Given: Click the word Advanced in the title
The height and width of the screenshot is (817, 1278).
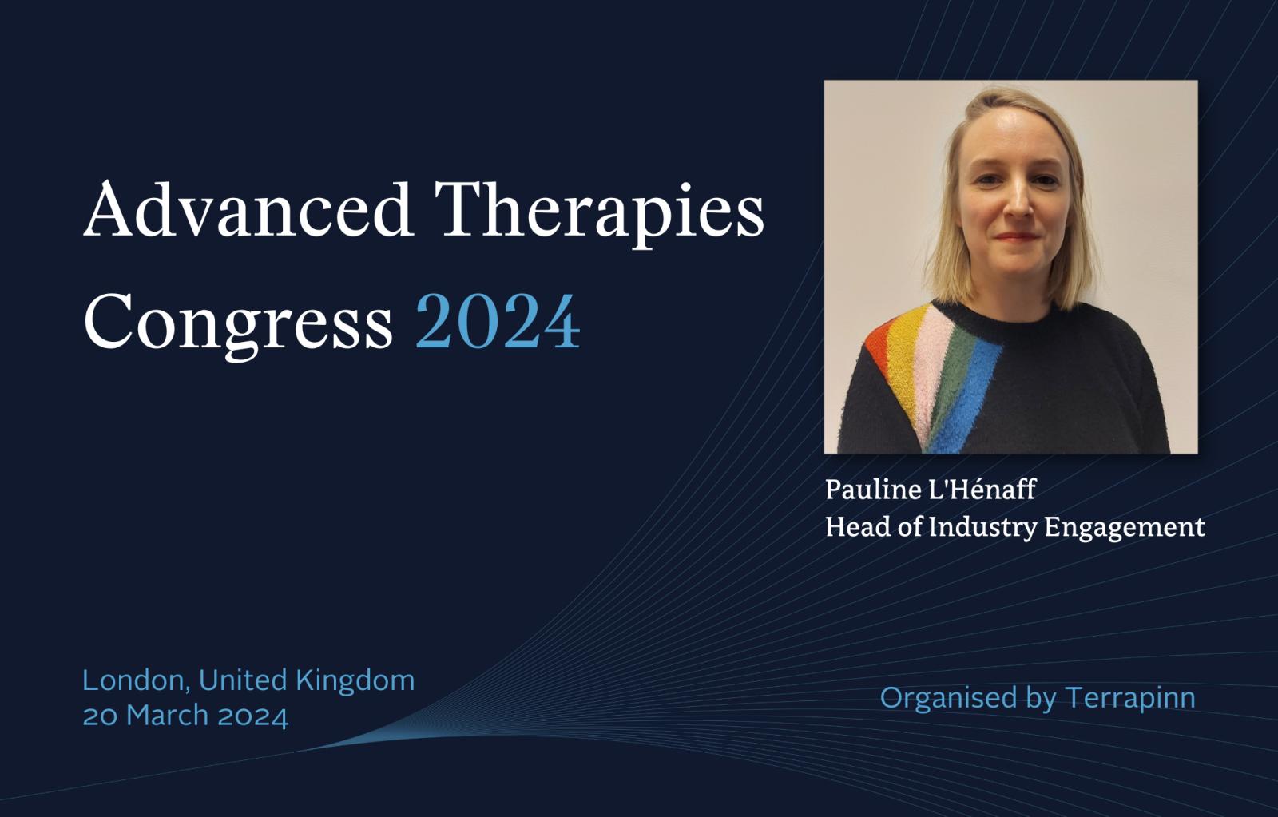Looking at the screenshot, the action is tap(248, 209).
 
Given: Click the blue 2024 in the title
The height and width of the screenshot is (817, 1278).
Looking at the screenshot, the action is tap(498, 320).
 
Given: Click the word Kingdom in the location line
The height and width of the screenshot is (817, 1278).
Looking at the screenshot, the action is tap(355, 680).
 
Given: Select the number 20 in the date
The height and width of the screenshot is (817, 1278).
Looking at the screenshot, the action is tap(100, 716).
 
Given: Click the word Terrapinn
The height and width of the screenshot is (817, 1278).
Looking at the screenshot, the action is tap(1129, 698).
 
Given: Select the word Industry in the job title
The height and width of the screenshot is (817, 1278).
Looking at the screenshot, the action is tap(982, 528).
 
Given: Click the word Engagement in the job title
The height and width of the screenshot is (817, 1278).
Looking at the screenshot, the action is tap(1125, 528).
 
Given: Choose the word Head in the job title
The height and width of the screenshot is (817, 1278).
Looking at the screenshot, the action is tap(858, 526).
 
